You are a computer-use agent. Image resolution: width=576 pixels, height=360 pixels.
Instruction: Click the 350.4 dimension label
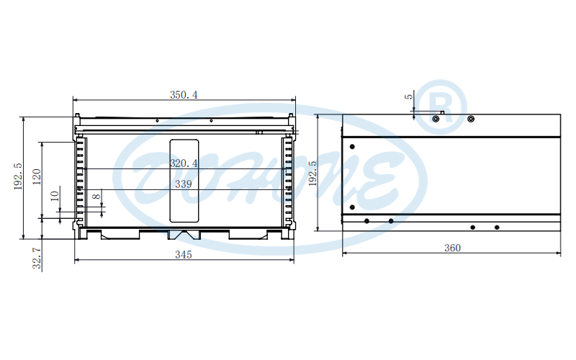coord(184,95)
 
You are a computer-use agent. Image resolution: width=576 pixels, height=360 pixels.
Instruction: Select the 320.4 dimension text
coord(184,163)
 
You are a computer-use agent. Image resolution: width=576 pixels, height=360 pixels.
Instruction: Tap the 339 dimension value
coord(184,184)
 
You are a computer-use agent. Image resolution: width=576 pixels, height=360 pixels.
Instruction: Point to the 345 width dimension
coord(184,255)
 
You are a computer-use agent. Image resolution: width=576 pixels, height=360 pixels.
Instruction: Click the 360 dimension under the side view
coord(452,248)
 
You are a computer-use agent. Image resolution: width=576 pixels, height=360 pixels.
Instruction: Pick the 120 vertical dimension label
coord(37,176)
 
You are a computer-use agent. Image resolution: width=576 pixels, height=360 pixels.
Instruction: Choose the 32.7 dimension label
coord(37,258)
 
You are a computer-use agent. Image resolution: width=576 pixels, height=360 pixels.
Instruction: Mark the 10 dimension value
coord(55,196)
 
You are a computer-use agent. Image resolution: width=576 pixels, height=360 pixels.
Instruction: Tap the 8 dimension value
coord(96,197)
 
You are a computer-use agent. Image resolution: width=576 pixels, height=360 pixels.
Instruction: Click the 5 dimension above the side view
coord(408,96)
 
